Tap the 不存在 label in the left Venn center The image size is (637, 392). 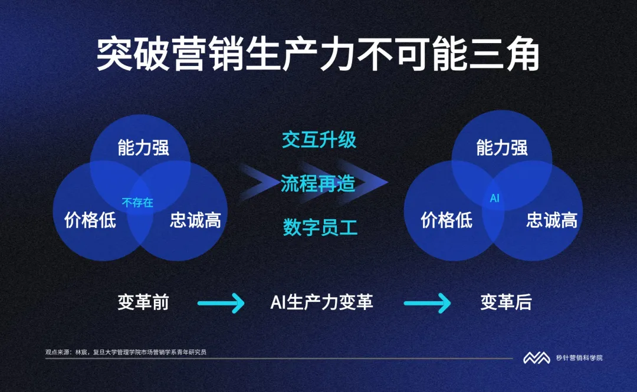[x=137, y=203]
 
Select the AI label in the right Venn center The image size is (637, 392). [x=494, y=199]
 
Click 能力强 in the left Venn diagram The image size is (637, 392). [x=143, y=147]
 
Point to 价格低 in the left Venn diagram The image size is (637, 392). [x=90, y=220]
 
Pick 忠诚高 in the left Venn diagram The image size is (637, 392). [x=195, y=220]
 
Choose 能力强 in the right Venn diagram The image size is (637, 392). [x=502, y=147]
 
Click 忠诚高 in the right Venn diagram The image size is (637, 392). [x=551, y=220]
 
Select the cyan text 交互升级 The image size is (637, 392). [x=318, y=140]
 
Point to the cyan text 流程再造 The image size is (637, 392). [x=318, y=184]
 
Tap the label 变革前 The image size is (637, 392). [x=143, y=303]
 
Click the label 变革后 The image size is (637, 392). [x=505, y=303]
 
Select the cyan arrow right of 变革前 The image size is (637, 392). [x=221, y=304]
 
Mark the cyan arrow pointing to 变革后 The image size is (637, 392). [x=427, y=304]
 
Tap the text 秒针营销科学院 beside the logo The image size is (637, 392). [x=579, y=358]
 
